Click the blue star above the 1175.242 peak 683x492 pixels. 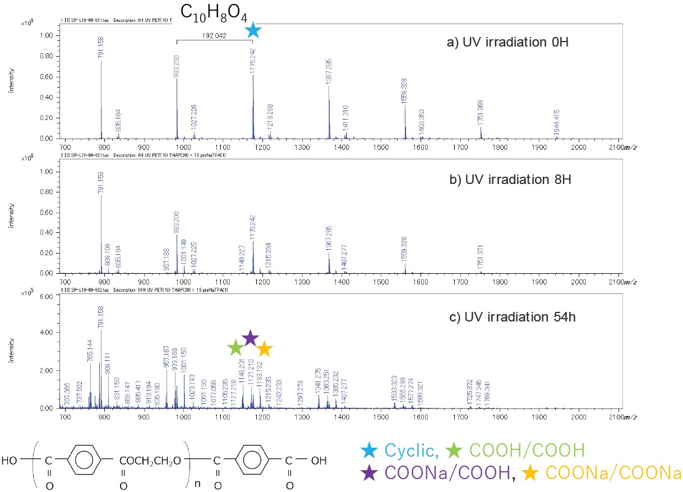(x=253, y=30)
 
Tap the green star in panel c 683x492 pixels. (x=236, y=348)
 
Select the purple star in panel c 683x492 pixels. (x=250, y=338)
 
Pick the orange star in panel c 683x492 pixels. (x=264, y=349)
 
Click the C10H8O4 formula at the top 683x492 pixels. (x=214, y=13)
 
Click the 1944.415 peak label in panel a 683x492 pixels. (x=557, y=122)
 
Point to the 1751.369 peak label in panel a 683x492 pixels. (x=481, y=114)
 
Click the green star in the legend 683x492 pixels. (x=453, y=450)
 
